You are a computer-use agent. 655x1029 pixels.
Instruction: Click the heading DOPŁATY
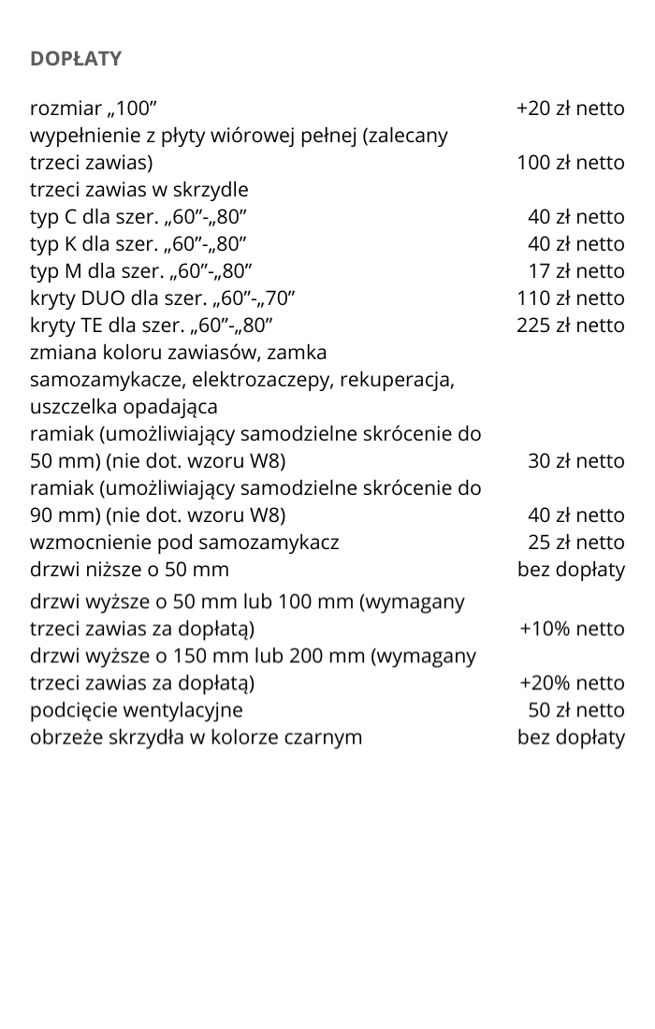[x=76, y=59]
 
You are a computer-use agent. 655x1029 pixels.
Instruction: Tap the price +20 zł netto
[x=570, y=109]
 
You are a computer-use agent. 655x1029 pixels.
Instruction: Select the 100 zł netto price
[x=571, y=163]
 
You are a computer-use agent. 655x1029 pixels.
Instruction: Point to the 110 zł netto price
[x=571, y=298]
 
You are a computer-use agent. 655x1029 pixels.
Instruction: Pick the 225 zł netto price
[x=571, y=326]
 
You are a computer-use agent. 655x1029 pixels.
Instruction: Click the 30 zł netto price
[x=575, y=461]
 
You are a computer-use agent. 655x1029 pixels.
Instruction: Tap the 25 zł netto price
[x=575, y=543]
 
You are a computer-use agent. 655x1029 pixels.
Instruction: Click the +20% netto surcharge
[x=572, y=683]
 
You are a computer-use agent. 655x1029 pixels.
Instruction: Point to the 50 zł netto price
[x=575, y=710]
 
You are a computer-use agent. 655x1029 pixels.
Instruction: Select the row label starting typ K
[x=138, y=244]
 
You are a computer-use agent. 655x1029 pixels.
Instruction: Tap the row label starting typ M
[x=140, y=271]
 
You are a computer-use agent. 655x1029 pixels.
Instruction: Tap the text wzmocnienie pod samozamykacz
[x=184, y=543]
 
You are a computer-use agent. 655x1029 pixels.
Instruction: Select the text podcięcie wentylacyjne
[x=137, y=710]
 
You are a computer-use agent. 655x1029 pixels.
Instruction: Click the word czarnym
[x=323, y=737]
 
